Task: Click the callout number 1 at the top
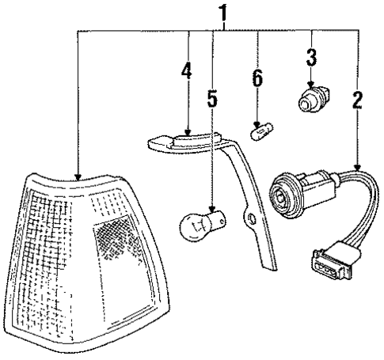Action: (224, 13)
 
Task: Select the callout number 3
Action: (312, 58)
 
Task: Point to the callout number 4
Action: (187, 70)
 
